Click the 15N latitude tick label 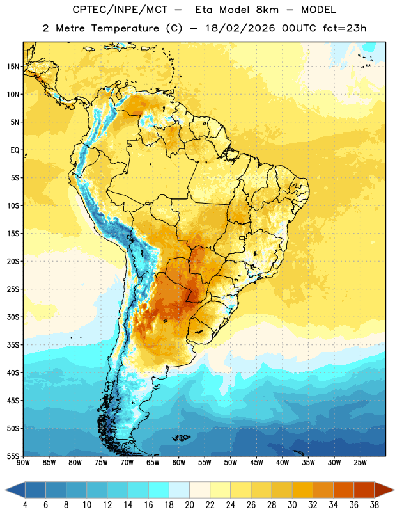13,67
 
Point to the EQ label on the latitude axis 15,150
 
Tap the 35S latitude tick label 13,345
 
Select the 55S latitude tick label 13,456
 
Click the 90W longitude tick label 23,463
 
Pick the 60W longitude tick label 179,463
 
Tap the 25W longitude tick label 360,463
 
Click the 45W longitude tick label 256,463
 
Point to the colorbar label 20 189,505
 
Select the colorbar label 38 375,505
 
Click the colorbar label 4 25,505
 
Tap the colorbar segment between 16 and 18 159,490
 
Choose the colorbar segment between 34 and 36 344,490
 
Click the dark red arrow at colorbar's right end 383,490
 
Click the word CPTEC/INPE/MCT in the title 120,10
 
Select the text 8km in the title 267,10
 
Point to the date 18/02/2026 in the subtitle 240,28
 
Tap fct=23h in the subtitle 345,28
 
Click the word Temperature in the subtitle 125,28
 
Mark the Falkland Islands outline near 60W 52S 181,438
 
